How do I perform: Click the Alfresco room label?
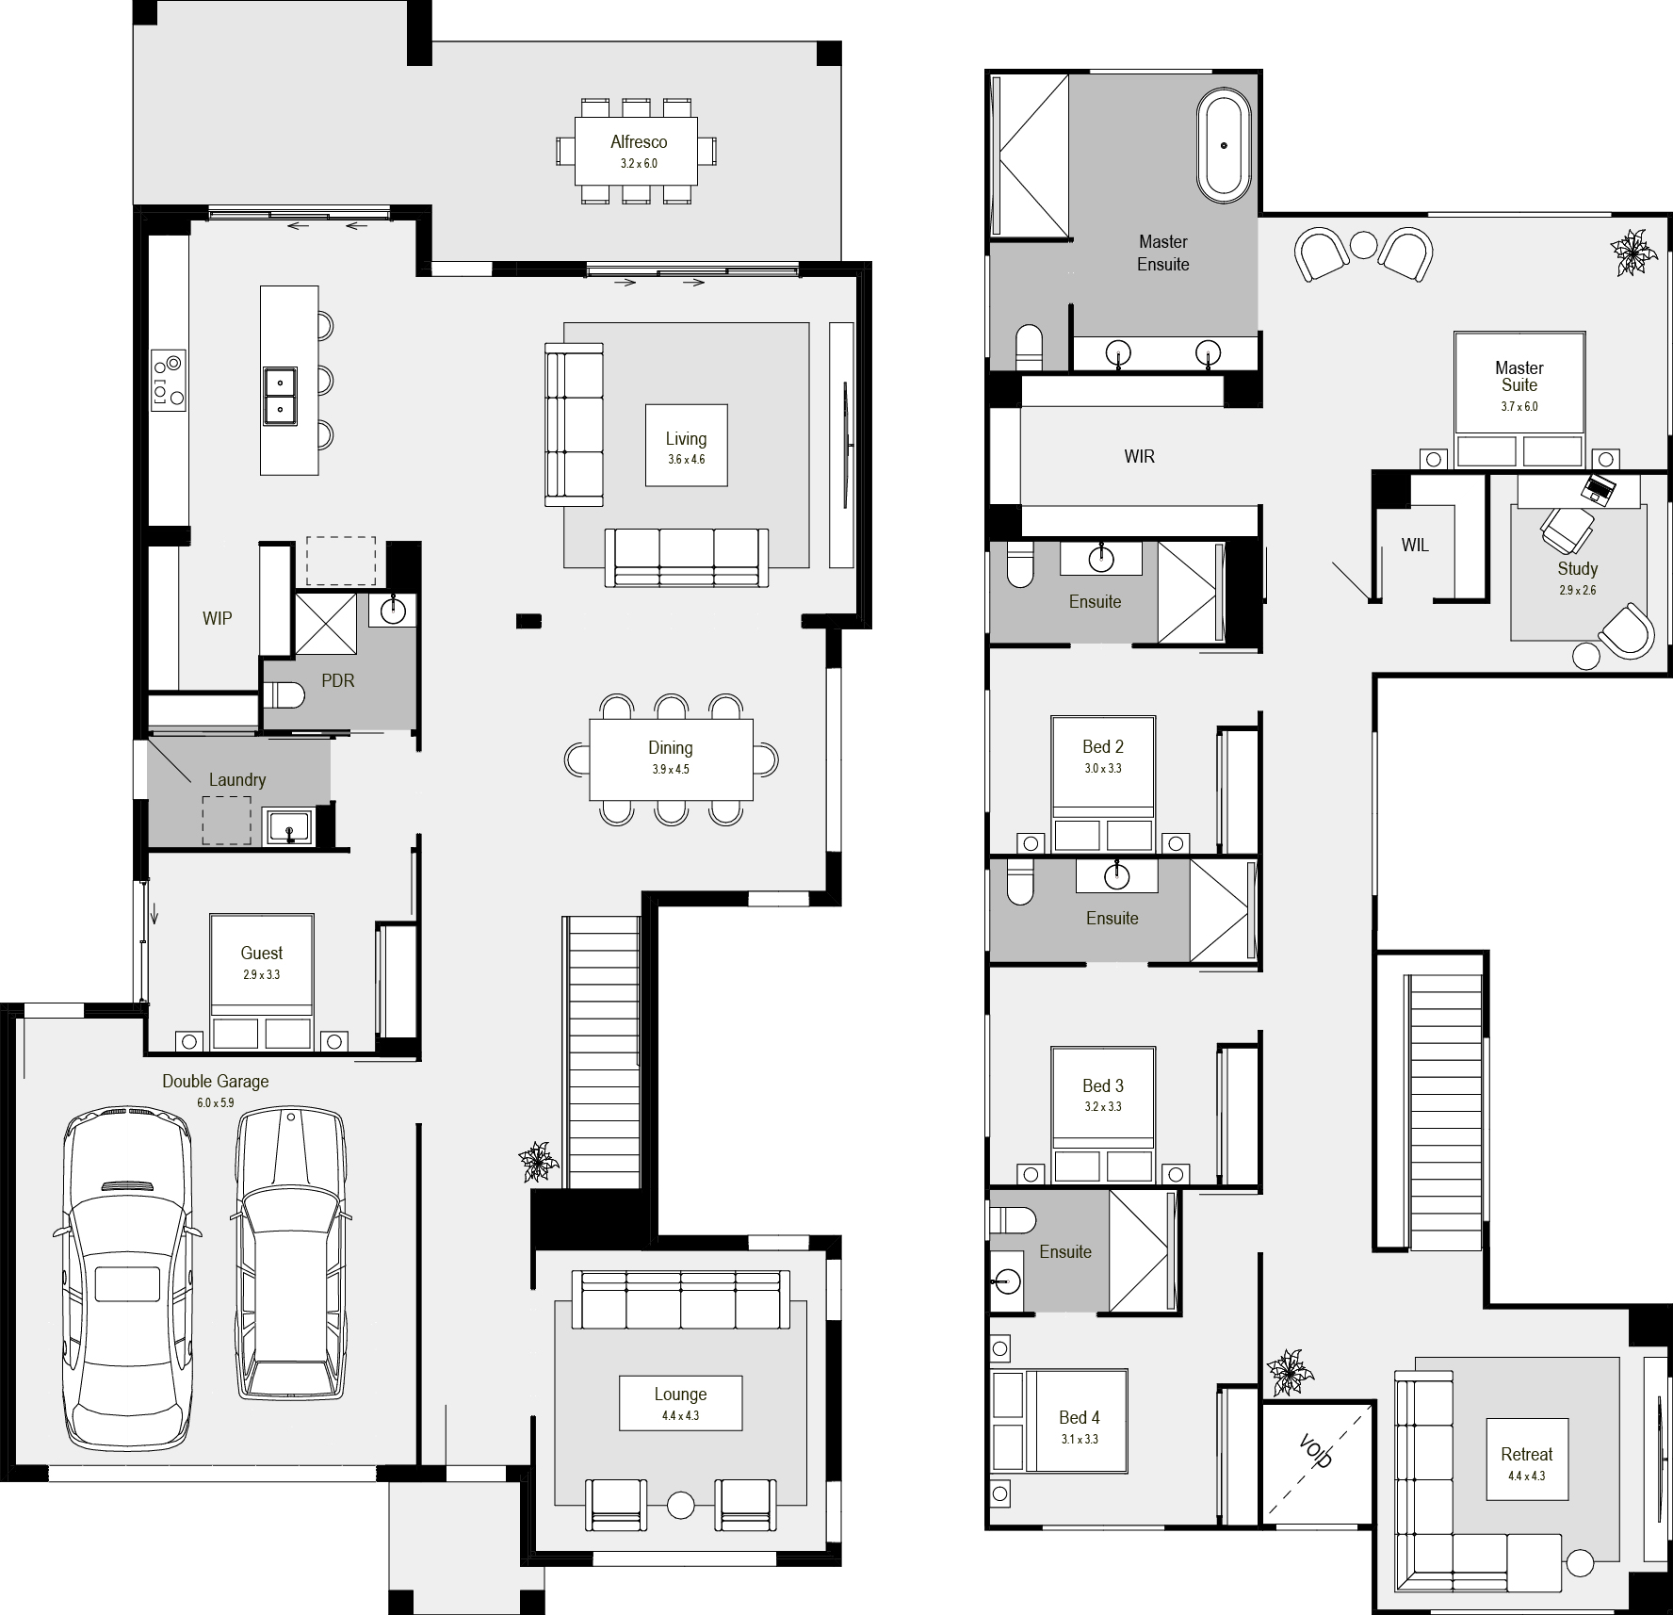pyautogui.click(x=639, y=142)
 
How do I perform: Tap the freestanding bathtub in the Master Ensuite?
pyautogui.click(x=1224, y=146)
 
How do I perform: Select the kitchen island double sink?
pyautogui.click(x=280, y=396)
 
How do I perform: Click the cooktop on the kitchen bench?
pyautogui.click(x=169, y=379)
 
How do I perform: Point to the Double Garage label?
pyautogui.click(x=216, y=1081)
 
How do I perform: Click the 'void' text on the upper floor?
pyautogui.click(x=1316, y=1451)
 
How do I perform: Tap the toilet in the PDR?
pyautogui.click(x=284, y=695)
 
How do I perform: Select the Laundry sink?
pyautogui.click(x=289, y=827)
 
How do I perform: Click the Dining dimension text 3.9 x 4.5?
pyautogui.click(x=671, y=769)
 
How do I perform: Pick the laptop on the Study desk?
pyautogui.click(x=1598, y=488)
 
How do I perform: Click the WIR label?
pyautogui.click(x=1139, y=457)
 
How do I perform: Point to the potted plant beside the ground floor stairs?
pyautogui.click(x=538, y=1162)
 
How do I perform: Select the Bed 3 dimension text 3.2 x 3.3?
pyautogui.click(x=1103, y=1106)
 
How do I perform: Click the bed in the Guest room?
pyautogui.click(x=262, y=981)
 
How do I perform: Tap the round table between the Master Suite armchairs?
pyautogui.click(x=1364, y=245)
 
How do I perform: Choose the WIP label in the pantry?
pyautogui.click(x=217, y=618)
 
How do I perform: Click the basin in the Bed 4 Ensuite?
pyautogui.click(x=1005, y=1281)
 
